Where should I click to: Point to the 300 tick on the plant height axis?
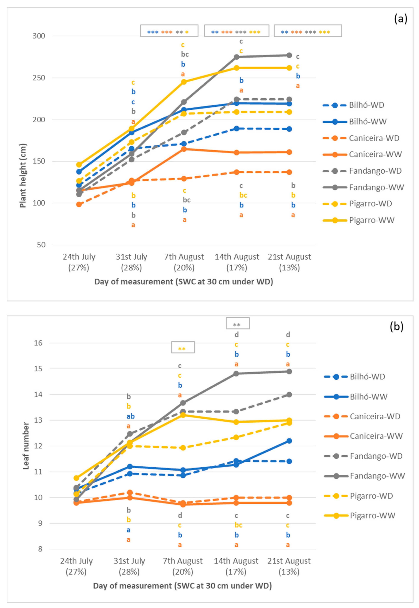point(39,36)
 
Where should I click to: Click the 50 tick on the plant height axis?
point(41,245)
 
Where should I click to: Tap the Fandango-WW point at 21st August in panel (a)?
point(289,55)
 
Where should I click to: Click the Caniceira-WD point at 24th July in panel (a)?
point(79,204)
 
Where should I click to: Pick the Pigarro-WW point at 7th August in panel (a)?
point(184,82)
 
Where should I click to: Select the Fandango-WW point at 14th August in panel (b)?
point(236,374)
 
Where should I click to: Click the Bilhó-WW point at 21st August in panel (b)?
point(289,441)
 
